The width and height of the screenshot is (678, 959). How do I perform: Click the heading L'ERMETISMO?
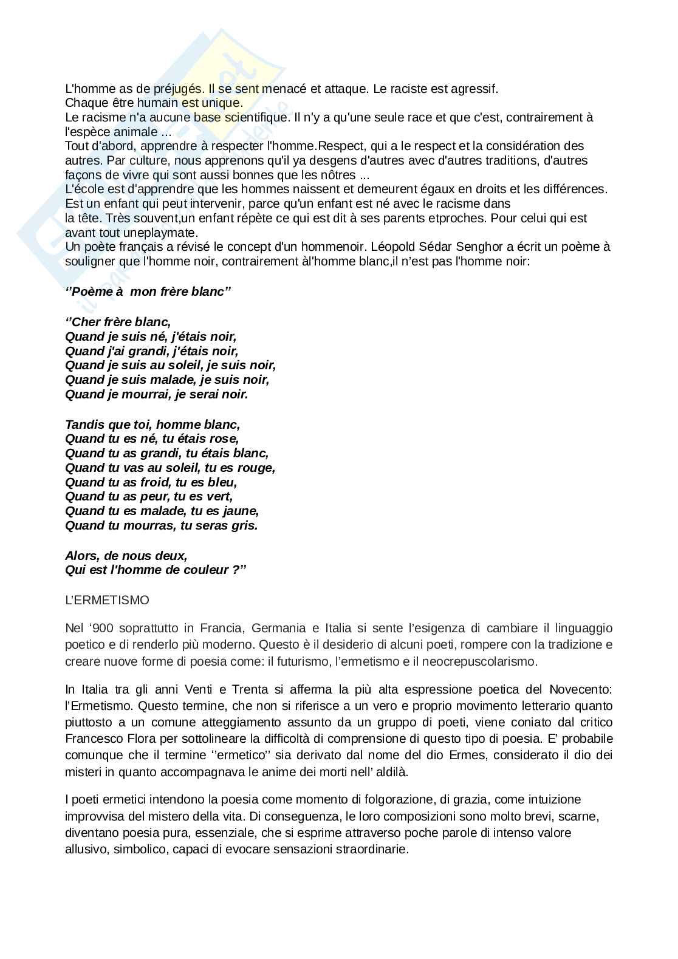[x=107, y=600]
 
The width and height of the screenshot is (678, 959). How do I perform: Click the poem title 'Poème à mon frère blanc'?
[x=148, y=292]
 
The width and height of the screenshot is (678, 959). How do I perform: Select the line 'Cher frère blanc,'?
[x=118, y=321]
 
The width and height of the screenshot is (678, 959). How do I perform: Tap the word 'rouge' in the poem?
[x=258, y=468]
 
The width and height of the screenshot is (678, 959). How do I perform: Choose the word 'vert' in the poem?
[x=220, y=497]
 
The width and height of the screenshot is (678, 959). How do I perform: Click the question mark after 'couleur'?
[x=236, y=570]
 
